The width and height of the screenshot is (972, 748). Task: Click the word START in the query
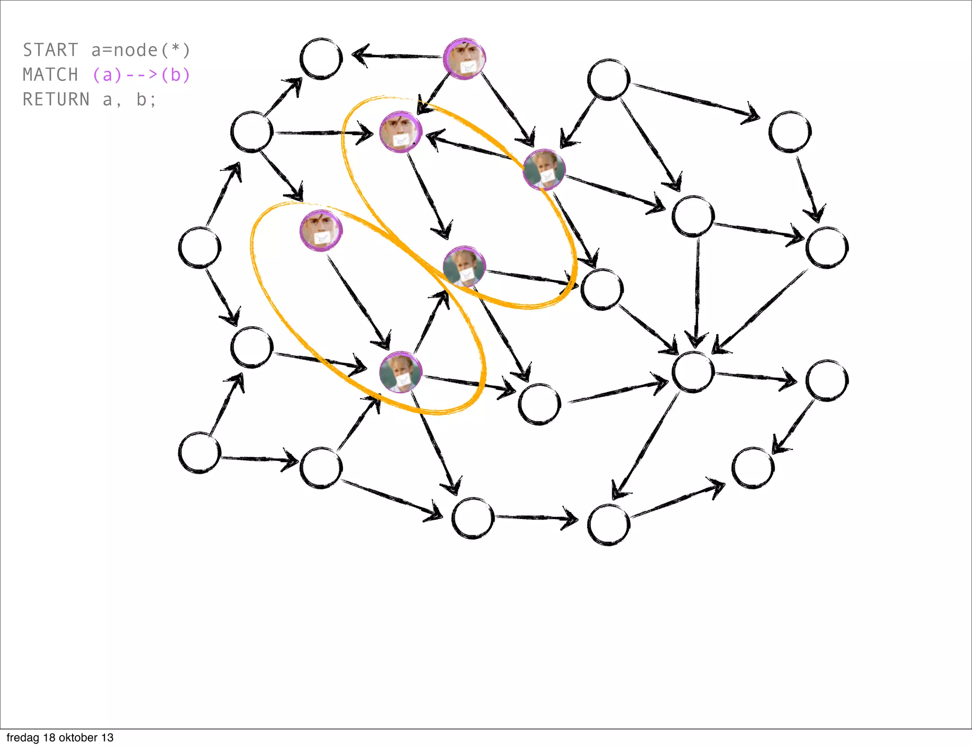tap(50, 50)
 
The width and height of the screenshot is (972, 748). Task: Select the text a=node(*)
tap(140, 50)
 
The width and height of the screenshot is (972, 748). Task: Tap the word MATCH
tap(50, 75)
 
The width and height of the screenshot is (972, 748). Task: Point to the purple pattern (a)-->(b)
tap(141, 75)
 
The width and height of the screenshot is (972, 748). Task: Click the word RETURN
tap(56, 99)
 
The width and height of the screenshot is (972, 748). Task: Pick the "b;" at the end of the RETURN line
tap(146, 99)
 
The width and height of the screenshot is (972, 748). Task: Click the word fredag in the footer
tap(23, 738)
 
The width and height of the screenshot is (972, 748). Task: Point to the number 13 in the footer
tap(107, 738)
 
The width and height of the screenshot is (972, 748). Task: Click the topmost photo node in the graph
tap(464, 59)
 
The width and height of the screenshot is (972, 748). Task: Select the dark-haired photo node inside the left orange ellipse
tap(321, 231)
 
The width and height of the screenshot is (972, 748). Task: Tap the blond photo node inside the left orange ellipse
tap(401, 372)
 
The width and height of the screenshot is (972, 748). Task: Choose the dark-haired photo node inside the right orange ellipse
tap(401, 132)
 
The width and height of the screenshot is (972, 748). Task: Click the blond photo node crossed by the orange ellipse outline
tap(544, 169)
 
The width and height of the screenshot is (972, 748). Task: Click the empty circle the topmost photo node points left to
tap(321, 59)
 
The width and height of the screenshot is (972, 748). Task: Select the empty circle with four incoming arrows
tap(693, 372)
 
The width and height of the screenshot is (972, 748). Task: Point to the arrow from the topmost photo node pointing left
tap(399, 56)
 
